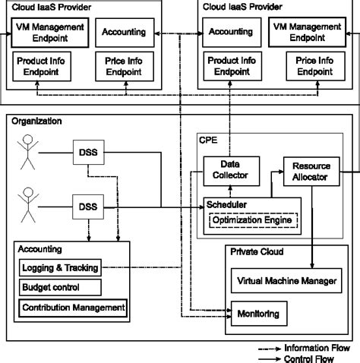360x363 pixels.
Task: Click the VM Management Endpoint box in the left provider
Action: click(48, 32)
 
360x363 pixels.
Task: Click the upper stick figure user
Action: click(29, 150)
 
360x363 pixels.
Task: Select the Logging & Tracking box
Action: click(58, 267)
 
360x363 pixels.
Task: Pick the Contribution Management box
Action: click(72, 308)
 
